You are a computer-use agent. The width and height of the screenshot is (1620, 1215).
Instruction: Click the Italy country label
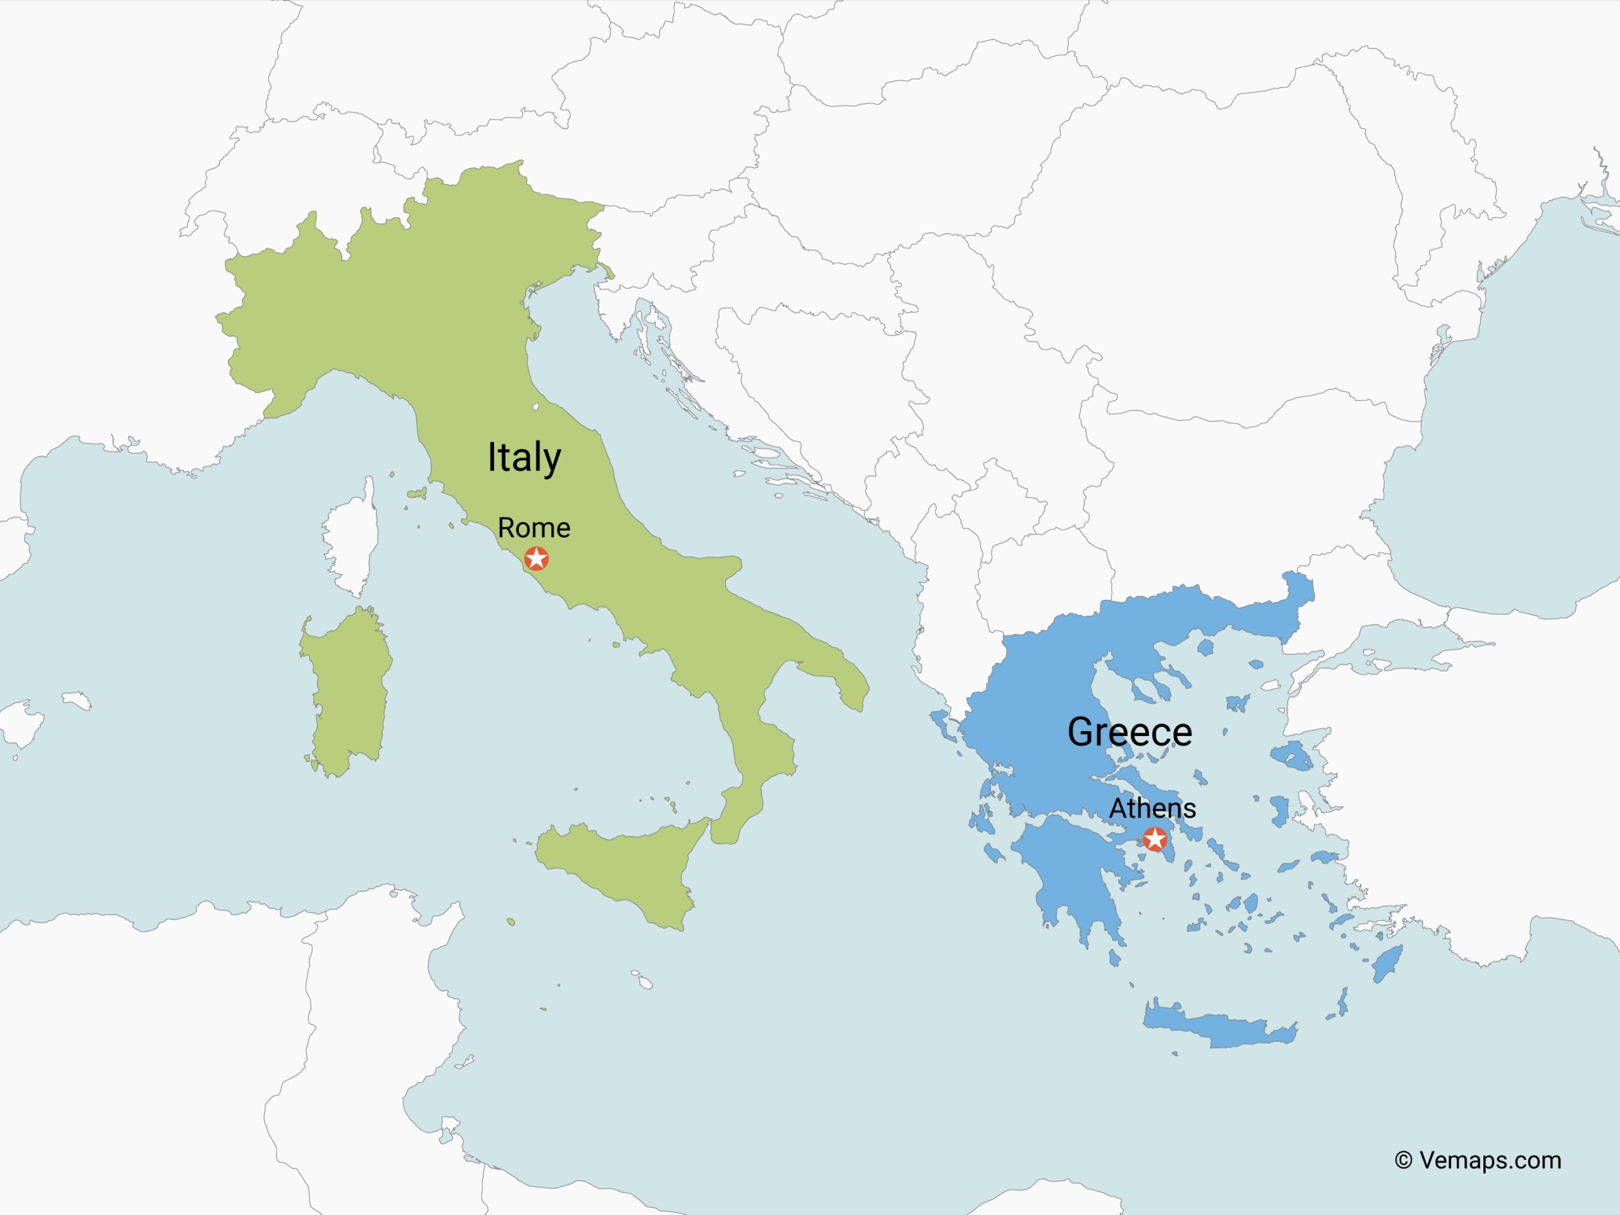point(525,458)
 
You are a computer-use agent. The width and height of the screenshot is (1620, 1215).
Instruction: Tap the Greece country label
point(1130,732)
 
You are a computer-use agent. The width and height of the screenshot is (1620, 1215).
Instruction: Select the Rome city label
point(534,527)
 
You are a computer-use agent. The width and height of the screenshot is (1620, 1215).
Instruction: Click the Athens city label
point(1152,809)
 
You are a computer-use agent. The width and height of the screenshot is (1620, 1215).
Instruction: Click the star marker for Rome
point(537,559)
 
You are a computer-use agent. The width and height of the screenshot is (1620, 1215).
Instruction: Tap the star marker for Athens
point(1155,838)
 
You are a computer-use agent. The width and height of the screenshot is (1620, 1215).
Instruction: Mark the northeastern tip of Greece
point(1300,586)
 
